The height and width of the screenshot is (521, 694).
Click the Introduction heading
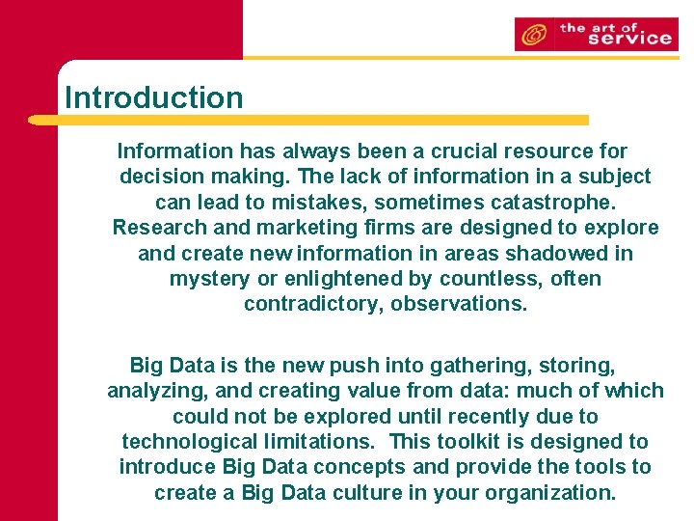point(153,97)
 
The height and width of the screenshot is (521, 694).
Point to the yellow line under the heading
point(308,121)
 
